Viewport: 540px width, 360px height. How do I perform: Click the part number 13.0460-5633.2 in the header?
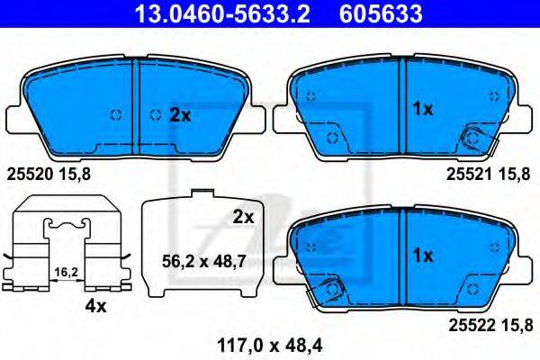(x=222, y=13)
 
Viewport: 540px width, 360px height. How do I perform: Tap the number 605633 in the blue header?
(x=381, y=13)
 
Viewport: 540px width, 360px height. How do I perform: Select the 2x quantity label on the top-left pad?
(x=180, y=115)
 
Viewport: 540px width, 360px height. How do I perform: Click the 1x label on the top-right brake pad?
(x=423, y=109)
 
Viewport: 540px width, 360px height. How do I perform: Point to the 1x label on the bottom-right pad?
(x=423, y=256)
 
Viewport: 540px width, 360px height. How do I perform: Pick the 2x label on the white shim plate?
(x=243, y=217)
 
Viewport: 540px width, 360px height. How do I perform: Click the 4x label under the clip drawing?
(x=96, y=306)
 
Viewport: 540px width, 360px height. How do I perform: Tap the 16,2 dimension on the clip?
(x=67, y=272)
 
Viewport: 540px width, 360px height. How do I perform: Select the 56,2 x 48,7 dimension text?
(x=204, y=262)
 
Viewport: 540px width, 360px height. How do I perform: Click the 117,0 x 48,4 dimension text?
(x=270, y=346)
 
